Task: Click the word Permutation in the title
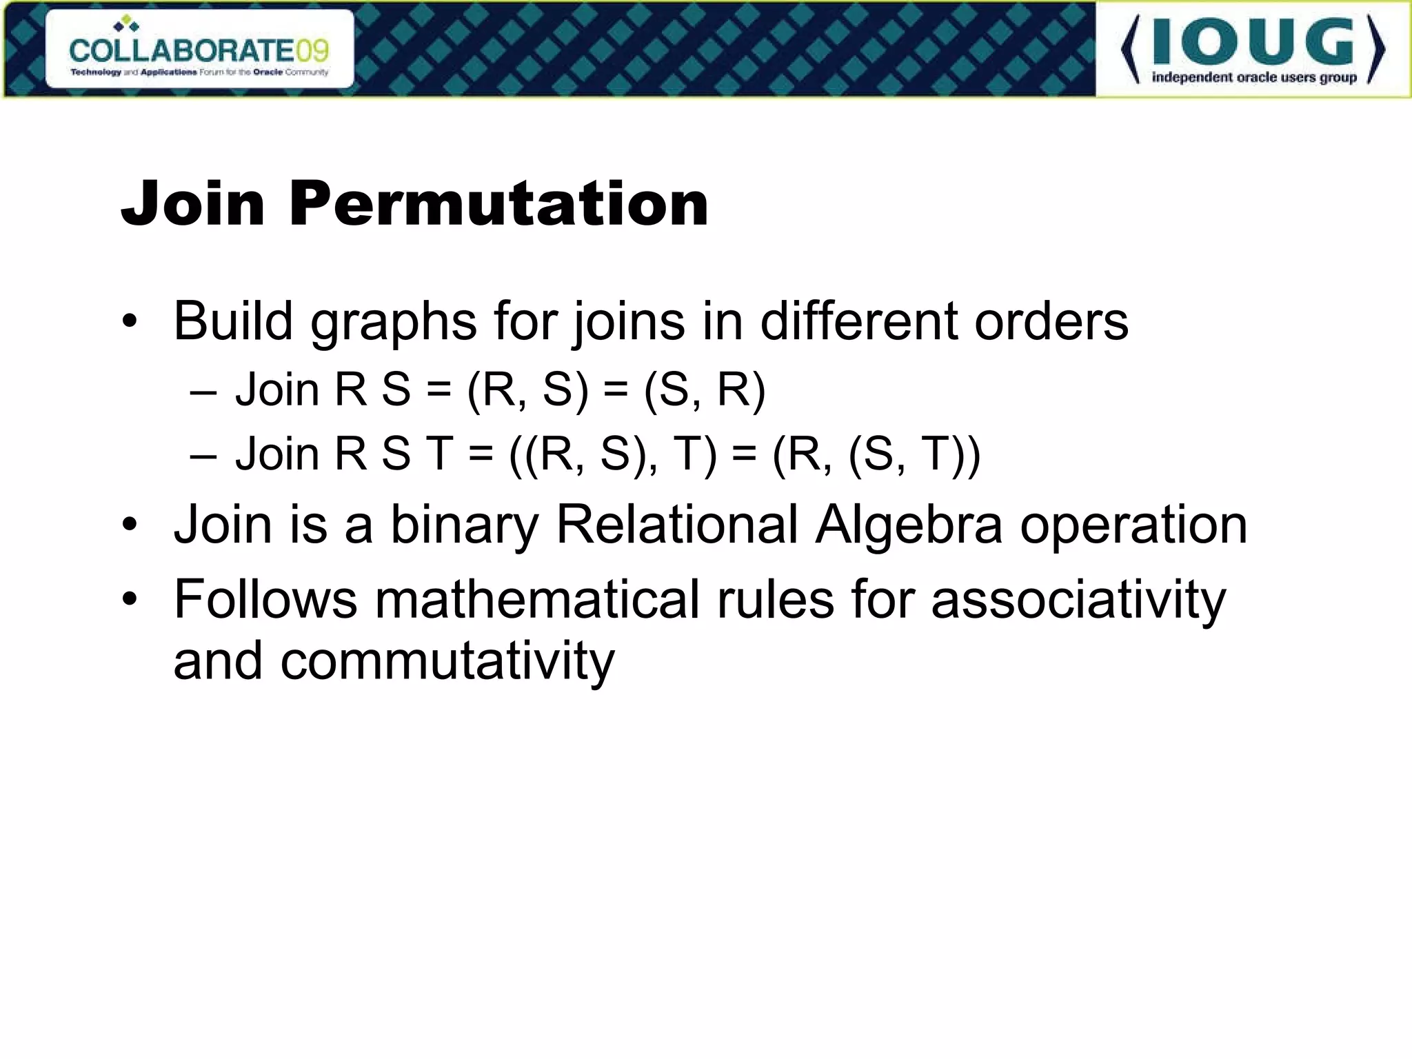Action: (498, 204)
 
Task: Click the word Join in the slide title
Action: (193, 204)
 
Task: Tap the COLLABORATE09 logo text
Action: (199, 50)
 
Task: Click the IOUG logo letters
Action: (1253, 43)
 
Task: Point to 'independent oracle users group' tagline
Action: (1254, 77)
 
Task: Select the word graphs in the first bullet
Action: (393, 322)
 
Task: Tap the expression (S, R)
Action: (705, 390)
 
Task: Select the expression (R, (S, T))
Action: (876, 455)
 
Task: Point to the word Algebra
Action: (908, 525)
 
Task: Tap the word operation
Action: (1133, 525)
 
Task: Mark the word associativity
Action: (1078, 600)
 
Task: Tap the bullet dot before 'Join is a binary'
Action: (130, 526)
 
